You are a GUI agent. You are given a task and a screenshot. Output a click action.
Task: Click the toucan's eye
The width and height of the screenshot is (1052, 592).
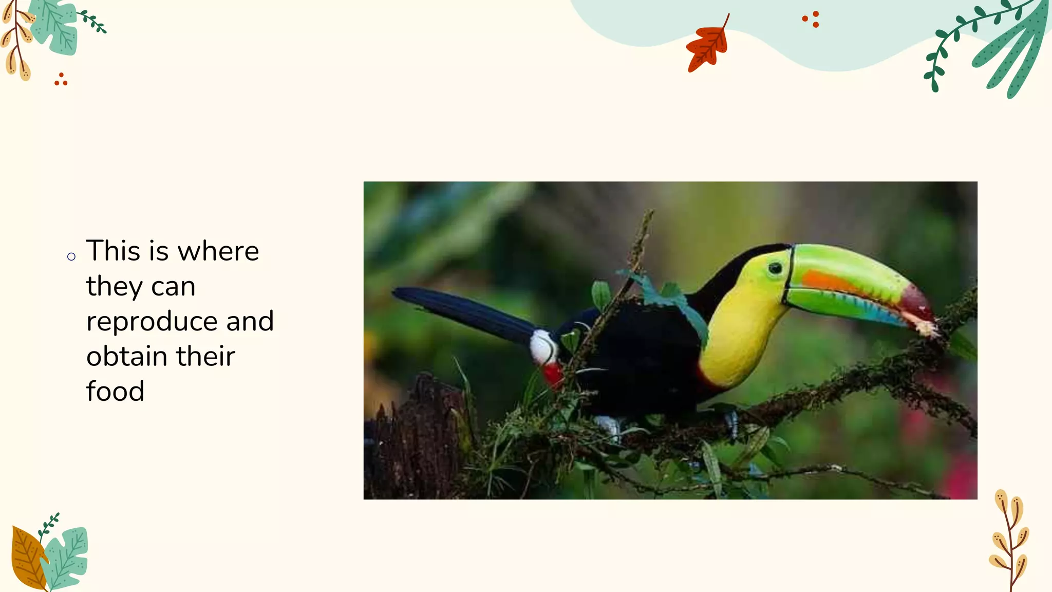775,268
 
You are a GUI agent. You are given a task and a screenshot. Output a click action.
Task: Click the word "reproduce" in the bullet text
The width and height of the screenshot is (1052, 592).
152,322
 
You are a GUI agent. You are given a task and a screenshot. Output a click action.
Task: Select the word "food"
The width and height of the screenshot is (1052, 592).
115,392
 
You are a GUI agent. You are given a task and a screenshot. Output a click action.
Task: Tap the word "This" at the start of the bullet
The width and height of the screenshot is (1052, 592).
113,251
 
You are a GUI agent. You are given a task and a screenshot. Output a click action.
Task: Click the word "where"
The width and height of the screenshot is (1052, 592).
218,251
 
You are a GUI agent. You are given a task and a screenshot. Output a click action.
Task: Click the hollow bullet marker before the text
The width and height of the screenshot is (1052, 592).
71,256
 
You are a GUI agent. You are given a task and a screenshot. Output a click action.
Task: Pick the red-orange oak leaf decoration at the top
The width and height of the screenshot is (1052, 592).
708,46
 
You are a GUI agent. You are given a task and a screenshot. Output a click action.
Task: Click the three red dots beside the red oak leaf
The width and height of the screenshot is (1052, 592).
812,20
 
